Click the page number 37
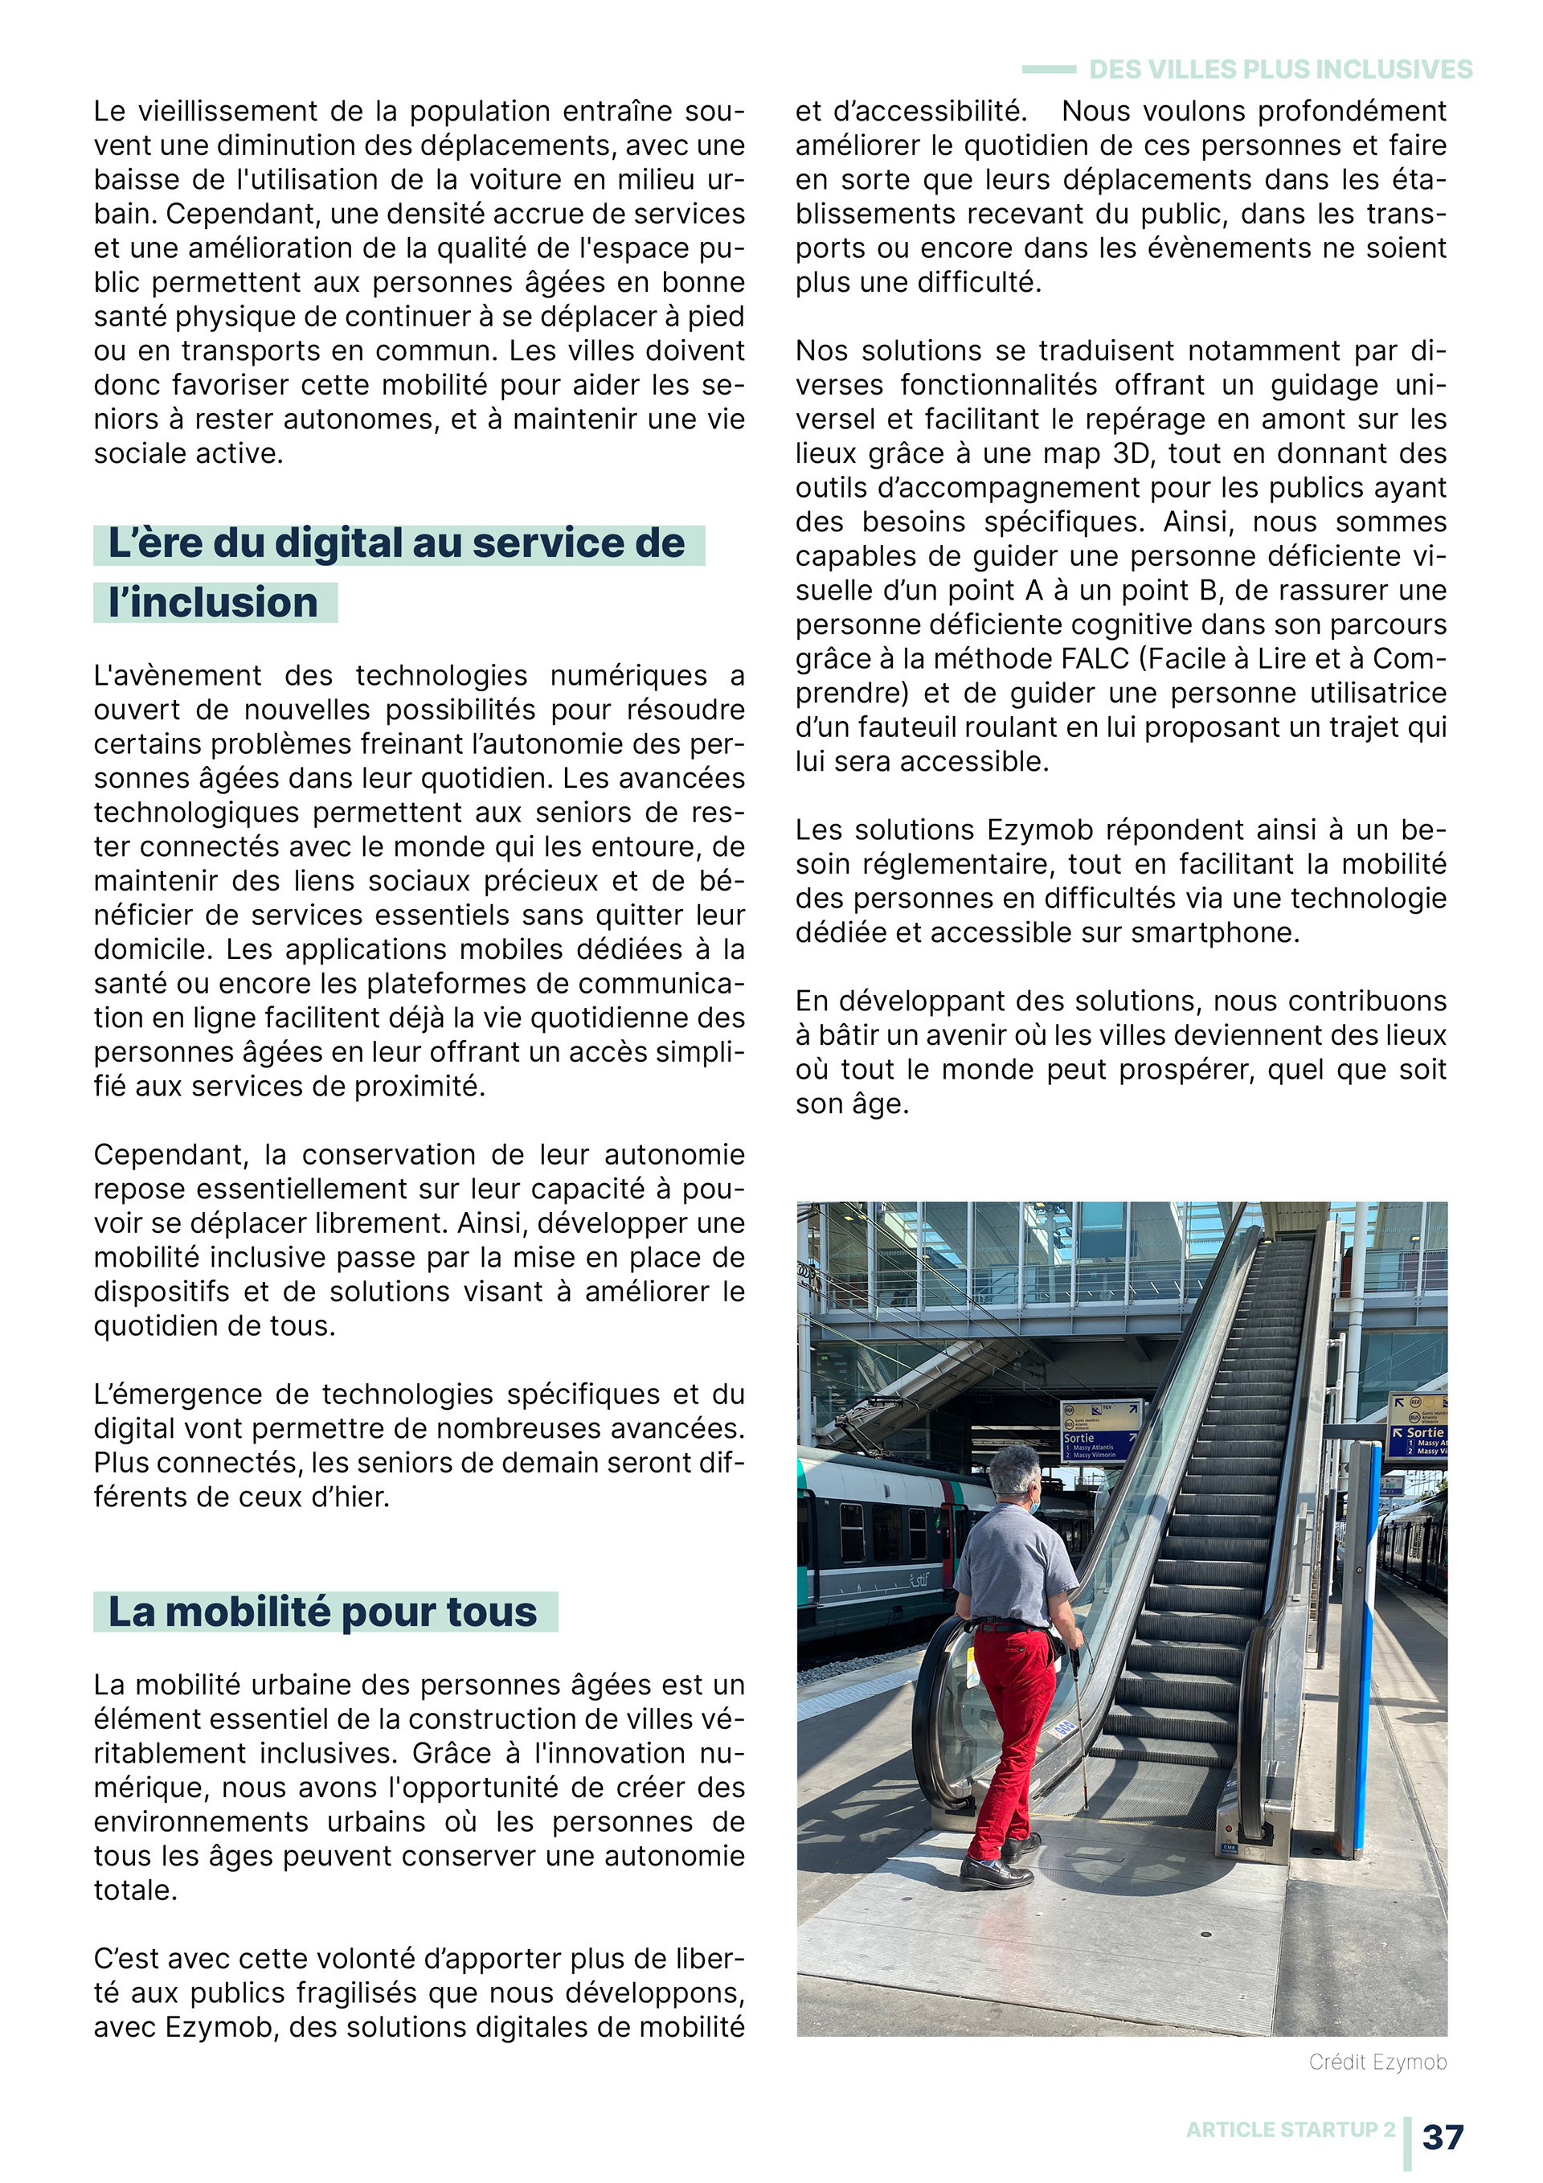click(x=1443, y=2136)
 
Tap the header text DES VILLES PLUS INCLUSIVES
click(x=1279, y=69)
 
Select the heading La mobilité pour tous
click(x=323, y=1612)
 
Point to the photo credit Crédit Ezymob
click(x=1377, y=2062)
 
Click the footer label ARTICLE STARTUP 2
click(x=1290, y=2130)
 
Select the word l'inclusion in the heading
click(x=214, y=603)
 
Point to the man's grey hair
click(x=1014, y=1465)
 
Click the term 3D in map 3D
click(x=1132, y=453)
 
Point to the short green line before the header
click(x=1049, y=69)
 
